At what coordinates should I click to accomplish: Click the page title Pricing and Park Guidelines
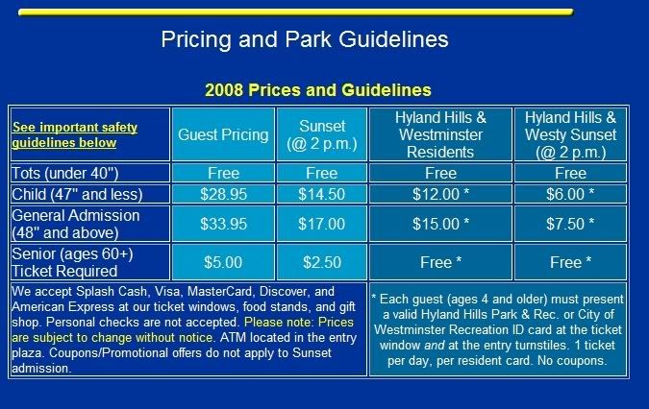click(x=305, y=40)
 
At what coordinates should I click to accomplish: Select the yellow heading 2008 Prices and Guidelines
click(x=318, y=90)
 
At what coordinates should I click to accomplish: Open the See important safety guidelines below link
click(x=74, y=134)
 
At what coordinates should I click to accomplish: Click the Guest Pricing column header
click(x=223, y=134)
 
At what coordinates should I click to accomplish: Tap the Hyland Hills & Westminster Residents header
click(x=440, y=134)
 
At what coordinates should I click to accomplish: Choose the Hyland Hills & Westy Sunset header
click(x=570, y=134)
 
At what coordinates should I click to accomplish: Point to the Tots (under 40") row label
click(x=65, y=173)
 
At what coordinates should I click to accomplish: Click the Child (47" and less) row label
click(x=77, y=194)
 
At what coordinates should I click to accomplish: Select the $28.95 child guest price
click(x=223, y=194)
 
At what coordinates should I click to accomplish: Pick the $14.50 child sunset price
click(x=321, y=194)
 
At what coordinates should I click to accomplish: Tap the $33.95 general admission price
click(x=223, y=224)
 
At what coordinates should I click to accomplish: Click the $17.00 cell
click(x=321, y=224)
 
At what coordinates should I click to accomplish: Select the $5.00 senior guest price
click(x=223, y=262)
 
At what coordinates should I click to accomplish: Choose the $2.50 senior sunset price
click(x=321, y=262)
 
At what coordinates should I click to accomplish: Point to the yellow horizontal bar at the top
click(x=295, y=12)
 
